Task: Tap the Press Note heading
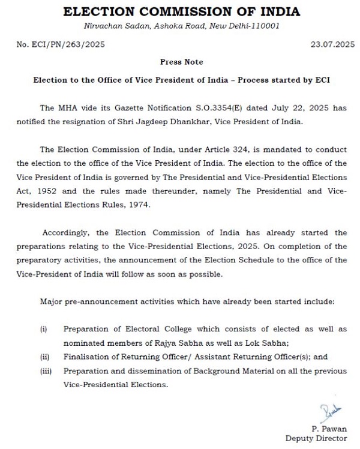(x=181, y=62)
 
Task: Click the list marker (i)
(x=43, y=330)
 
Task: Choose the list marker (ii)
(x=44, y=357)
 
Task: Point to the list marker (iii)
(x=45, y=371)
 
